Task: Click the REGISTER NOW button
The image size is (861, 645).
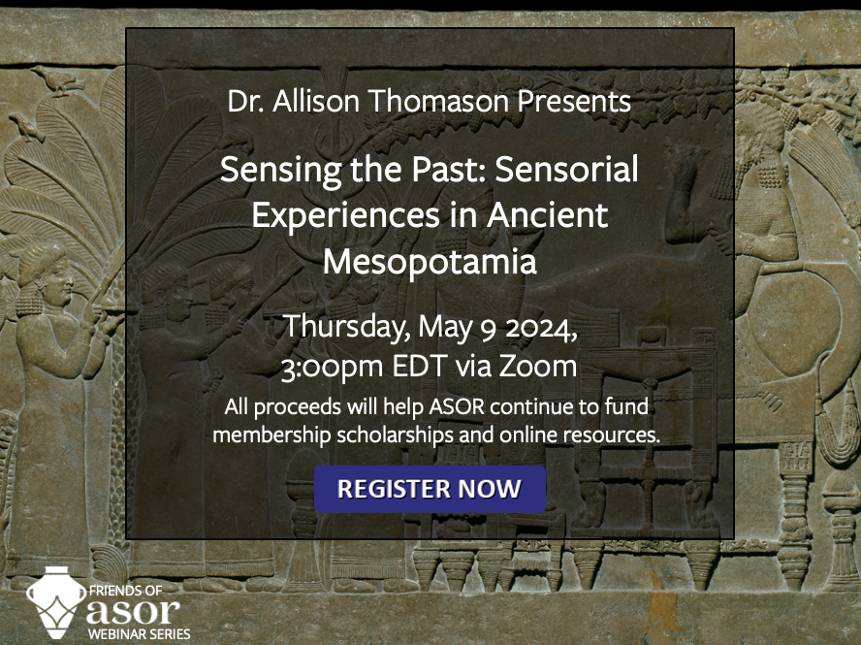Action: (x=430, y=489)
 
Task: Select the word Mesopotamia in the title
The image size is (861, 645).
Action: (x=430, y=262)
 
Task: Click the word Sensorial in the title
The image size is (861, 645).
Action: (x=566, y=169)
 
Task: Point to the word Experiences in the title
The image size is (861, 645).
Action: (x=346, y=215)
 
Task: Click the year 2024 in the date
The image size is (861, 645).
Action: (x=540, y=329)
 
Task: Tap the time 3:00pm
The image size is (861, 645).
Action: (x=333, y=367)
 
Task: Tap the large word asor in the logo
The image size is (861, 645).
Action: (x=133, y=611)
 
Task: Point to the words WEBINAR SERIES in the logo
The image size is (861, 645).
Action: (x=139, y=634)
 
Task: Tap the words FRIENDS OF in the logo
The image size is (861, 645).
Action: (x=125, y=591)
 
